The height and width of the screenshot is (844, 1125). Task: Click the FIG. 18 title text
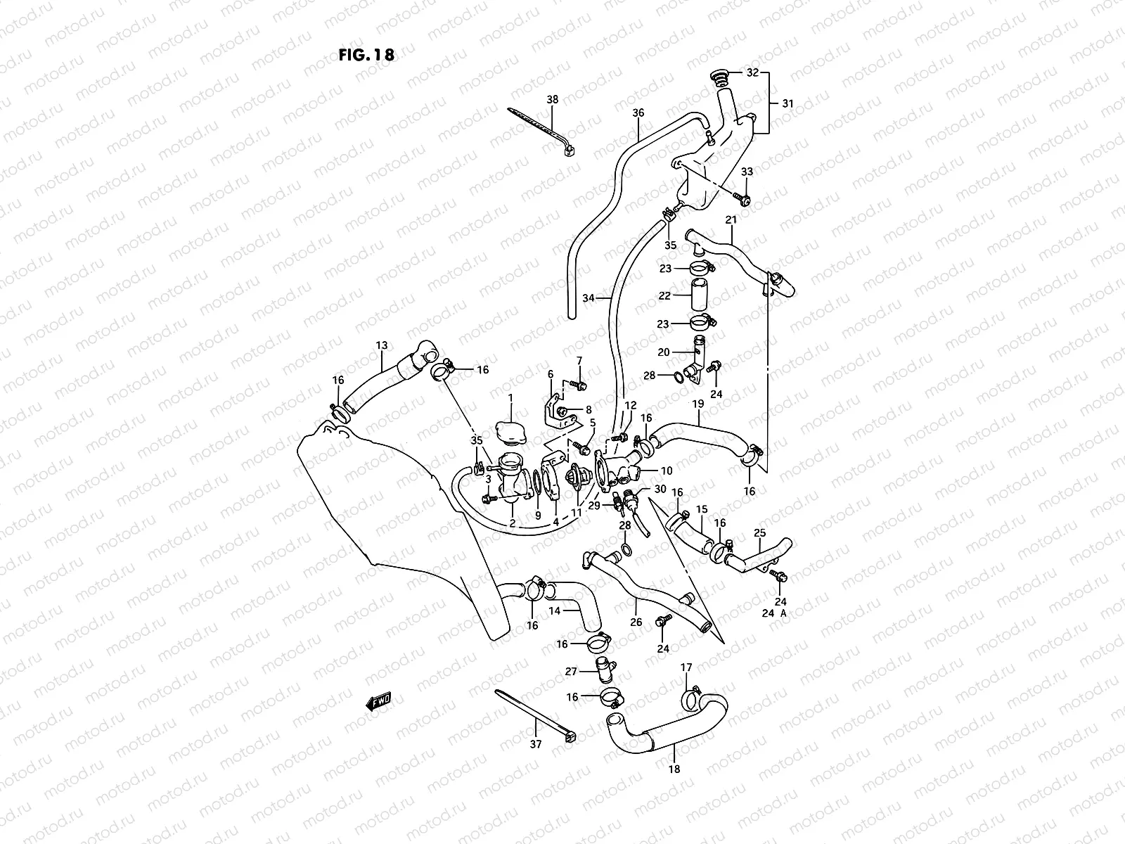pyautogui.click(x=366, y=55)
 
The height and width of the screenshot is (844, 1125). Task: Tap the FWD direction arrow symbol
pyautogui.click(x=378, y=701)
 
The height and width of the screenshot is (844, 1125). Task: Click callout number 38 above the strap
pyautogui.click(x=553, y=100)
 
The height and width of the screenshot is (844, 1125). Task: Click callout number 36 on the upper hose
pyautogui.click(x=638, y=113)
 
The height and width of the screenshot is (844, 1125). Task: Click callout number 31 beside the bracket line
pyautogui.click(x=787, y=103)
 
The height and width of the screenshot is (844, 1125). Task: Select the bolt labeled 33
pyautogui.click(x=743, y=198)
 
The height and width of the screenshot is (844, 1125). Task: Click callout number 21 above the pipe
pyautogui.click(x=731, y=220)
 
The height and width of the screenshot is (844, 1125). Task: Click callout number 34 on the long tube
pyautogui.click(x=589, y=298)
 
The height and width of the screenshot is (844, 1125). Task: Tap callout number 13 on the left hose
pyautogui.click(x=382, y=345)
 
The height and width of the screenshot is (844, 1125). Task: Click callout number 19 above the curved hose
pyautogui.click(x=698, y=404)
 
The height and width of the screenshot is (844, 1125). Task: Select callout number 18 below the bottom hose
pyautogui.click(x=674, y=769)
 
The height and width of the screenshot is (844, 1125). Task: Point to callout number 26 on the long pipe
pyautogui.click(x=636, y=622)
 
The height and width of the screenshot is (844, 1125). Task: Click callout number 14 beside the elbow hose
pyautogui.click(x=555, y=611)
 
